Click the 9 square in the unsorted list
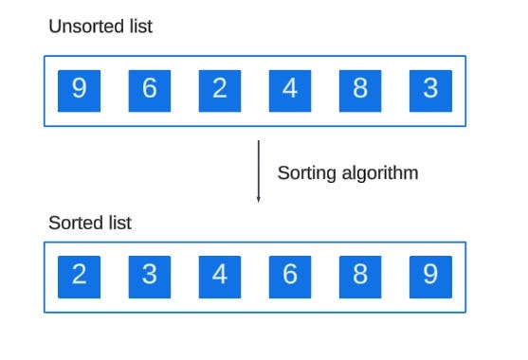click(x=79, y=90)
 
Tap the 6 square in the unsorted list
click(x=150, y=90)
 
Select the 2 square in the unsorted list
click(x=220, y=90)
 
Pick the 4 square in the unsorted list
click(x=290, y=90)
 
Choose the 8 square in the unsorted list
click(x=360, y=90)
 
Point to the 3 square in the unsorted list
click(x=430, y=90)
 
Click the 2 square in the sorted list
click(x=79, y=276)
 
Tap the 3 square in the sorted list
click(x=150, y=276)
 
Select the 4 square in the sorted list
click(x=220, y=276)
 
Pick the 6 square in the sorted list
click(x=290, y=276)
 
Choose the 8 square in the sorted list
click(x=360, y=276)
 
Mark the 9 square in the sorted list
click(x=430, y=276)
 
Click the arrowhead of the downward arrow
click(x=258, y=198)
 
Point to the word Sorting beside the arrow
click(x=304, y=173)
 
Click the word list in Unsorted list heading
click(x=138, y=27)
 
